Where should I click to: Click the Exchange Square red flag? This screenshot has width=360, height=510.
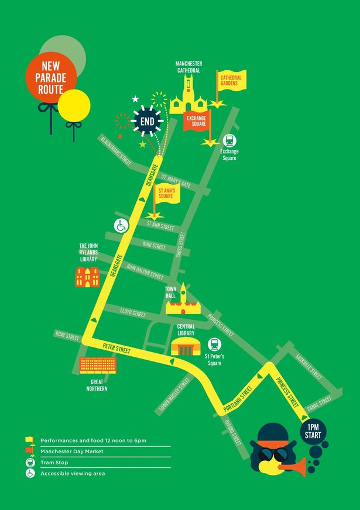[197, 121]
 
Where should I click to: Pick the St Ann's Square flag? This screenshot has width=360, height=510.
[166, 192]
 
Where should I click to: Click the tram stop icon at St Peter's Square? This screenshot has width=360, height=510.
[214, 344]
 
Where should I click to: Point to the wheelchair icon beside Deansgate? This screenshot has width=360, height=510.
[121, 226]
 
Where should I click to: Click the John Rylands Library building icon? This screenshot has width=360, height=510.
[87, 277]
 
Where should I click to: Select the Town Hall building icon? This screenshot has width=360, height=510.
[186, 302]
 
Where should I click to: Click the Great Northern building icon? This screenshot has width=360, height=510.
[98, 366]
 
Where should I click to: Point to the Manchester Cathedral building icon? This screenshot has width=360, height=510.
[188, 97]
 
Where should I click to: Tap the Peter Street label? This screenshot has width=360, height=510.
[116, 347]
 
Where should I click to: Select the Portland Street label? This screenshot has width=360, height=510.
[237, 399]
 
